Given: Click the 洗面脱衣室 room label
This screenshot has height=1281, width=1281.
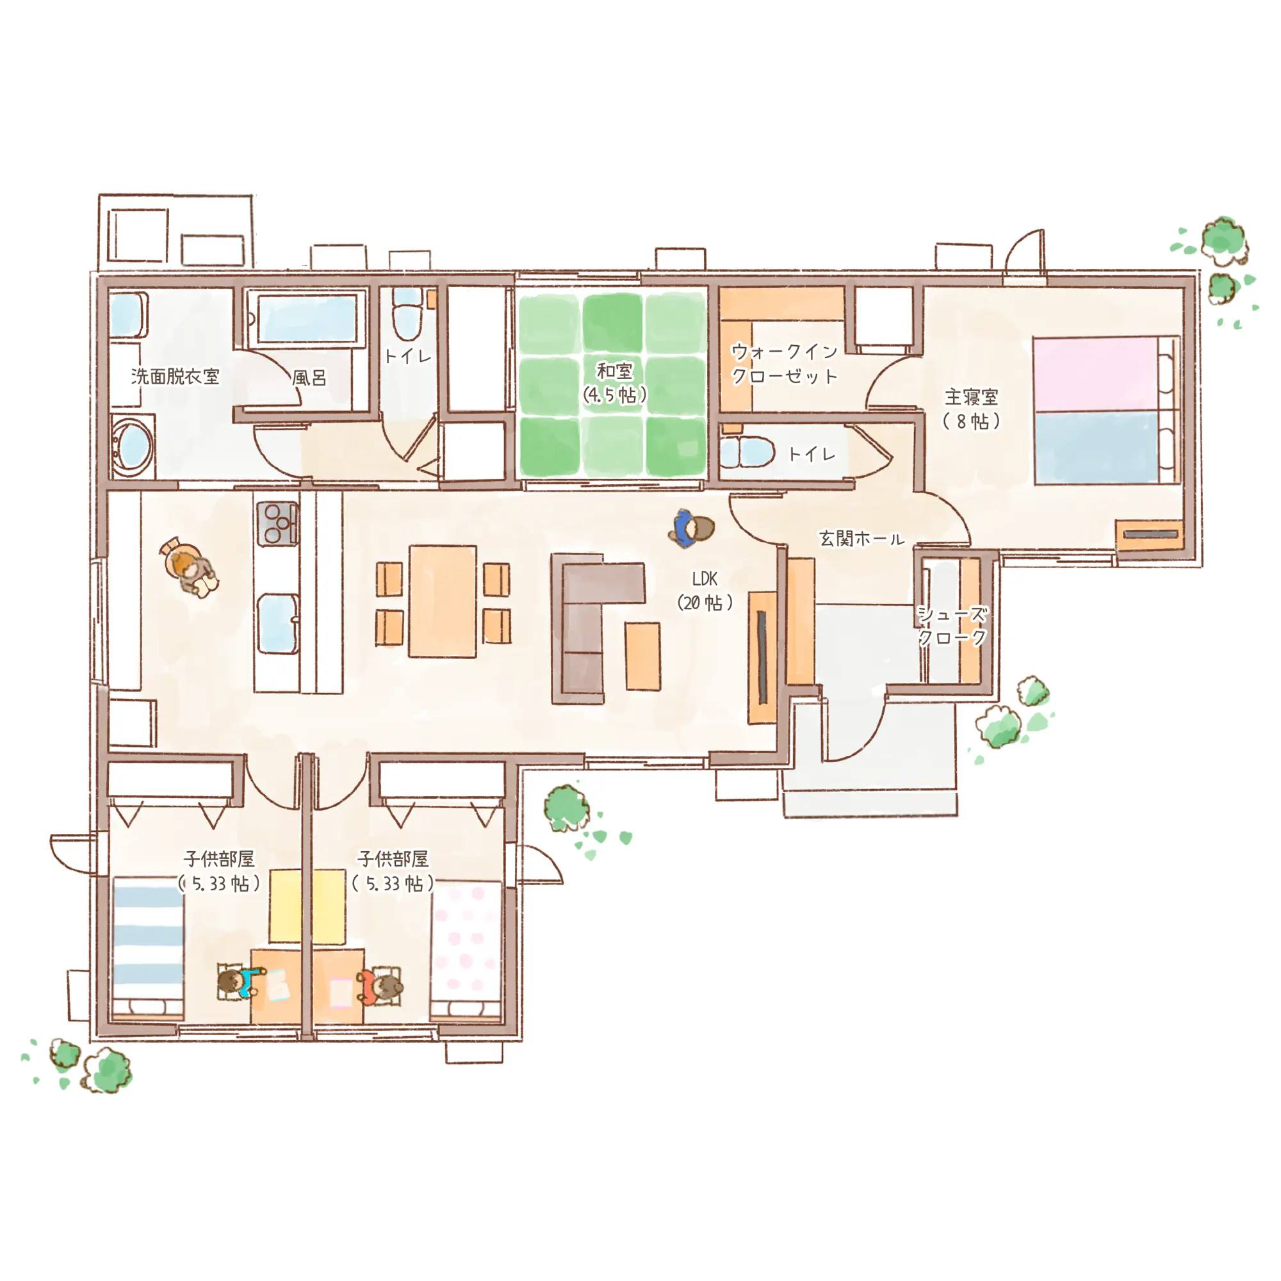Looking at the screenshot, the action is coord(175,377).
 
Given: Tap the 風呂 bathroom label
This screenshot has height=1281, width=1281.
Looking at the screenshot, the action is coord(309,378).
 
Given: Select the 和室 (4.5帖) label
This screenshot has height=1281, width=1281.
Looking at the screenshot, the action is coord(615,382).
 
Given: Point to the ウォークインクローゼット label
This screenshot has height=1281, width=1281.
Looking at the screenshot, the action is coord(785,363).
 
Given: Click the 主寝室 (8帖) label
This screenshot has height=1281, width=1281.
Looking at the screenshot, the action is coord(972,409).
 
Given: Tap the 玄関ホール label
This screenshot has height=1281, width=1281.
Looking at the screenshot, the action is coord(861,539).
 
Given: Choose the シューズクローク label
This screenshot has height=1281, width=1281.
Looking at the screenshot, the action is coord(952,625).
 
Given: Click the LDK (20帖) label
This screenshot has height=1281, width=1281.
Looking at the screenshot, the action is coord(705,590).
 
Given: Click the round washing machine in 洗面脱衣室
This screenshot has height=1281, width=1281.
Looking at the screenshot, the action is coord(132,445).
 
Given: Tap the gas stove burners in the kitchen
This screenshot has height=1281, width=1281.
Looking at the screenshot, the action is coord(277,523).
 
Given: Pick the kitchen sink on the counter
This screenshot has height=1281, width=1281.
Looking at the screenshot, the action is coord(278,624).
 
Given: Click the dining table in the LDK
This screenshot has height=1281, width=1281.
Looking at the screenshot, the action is coord(442,601).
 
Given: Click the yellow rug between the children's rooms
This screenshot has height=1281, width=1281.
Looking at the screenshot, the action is coord(307,906).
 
